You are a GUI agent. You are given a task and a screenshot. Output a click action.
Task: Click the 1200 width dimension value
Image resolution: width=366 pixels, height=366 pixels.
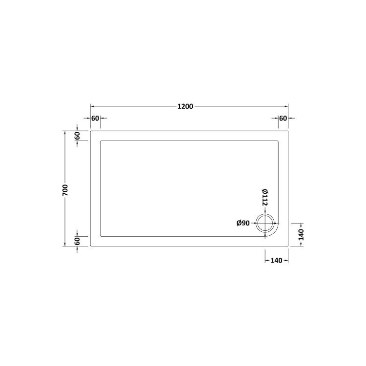[185, 106]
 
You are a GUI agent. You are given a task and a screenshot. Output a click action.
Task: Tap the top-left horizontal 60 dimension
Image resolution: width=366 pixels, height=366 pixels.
[95, 119]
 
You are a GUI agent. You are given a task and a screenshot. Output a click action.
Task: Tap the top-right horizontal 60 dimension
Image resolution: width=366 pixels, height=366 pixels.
[283, 119]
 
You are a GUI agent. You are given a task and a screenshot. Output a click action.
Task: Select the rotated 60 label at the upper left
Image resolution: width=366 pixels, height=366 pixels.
[77, 136]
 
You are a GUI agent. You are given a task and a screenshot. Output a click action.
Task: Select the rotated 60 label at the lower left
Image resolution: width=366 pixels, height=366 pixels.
[77, 241]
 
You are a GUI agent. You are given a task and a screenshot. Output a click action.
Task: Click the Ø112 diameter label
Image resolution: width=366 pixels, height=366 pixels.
[264, 197]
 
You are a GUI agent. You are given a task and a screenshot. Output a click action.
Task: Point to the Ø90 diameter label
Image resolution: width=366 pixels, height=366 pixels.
[243, 223]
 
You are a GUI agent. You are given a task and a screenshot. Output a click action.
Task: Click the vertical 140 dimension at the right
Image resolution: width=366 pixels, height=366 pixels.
[301, 235]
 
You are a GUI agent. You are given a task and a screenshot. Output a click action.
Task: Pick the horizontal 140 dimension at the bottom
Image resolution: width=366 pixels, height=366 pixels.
[276, 261]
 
